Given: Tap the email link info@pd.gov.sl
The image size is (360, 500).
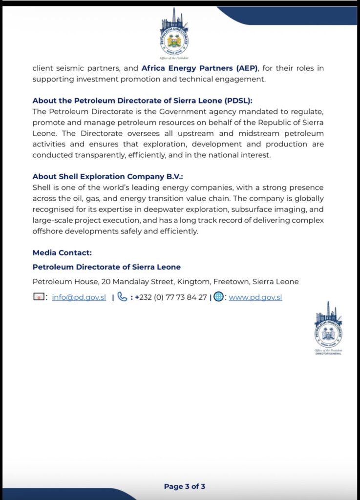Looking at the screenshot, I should pos(79,297).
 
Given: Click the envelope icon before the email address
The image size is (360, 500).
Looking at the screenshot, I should pos(39,297).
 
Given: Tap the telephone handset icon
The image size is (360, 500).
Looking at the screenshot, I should pos(122,297).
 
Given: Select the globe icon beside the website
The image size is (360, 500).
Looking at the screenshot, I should pos(218,297).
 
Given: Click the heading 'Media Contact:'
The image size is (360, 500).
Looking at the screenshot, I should pos(62,252).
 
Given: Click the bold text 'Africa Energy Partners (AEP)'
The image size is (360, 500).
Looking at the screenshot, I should pos(199,68).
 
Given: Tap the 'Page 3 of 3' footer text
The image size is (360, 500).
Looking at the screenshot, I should pos(185,486).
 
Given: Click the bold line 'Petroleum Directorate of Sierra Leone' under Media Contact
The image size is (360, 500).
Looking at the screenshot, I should pos(106,267).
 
